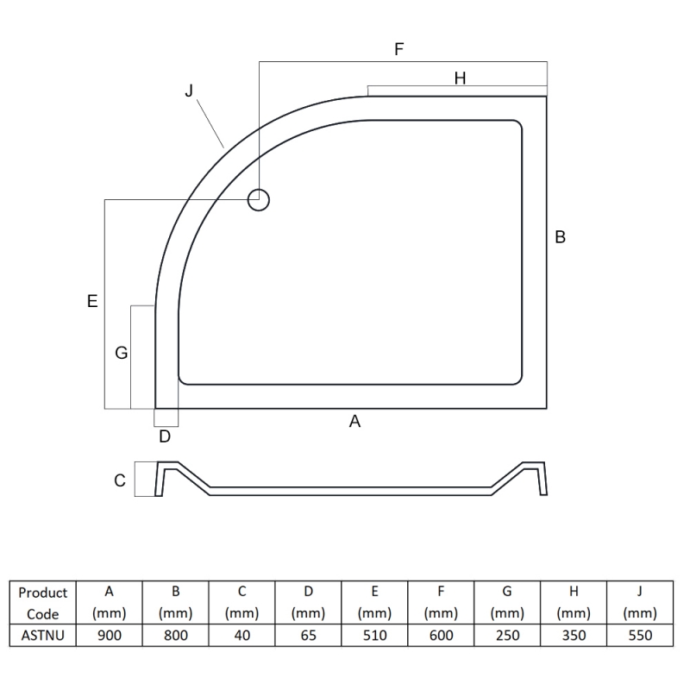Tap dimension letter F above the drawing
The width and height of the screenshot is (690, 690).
pyautogui.click(x=399, y=49)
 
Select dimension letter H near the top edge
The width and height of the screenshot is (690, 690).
pyautogui.click(x=460, y=78)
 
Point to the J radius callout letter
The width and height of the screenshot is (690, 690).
pyautogui.click(x=189, y=91)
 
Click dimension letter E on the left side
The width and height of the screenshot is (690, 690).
pyautogui.click(x=92, y=301)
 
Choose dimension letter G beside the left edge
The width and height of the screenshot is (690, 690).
pyautogui.click(x=122, y=353)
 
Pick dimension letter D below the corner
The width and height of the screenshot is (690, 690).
pyautogui.click(x=165, y=436)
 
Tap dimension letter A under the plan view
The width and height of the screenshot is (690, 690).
pyautogui.click(x=354, y=422)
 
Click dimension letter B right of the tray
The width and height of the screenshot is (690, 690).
pyautogui.click(x=560, y=237)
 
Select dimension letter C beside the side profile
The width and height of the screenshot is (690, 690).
pyautogui.click(x=120, y=480)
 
